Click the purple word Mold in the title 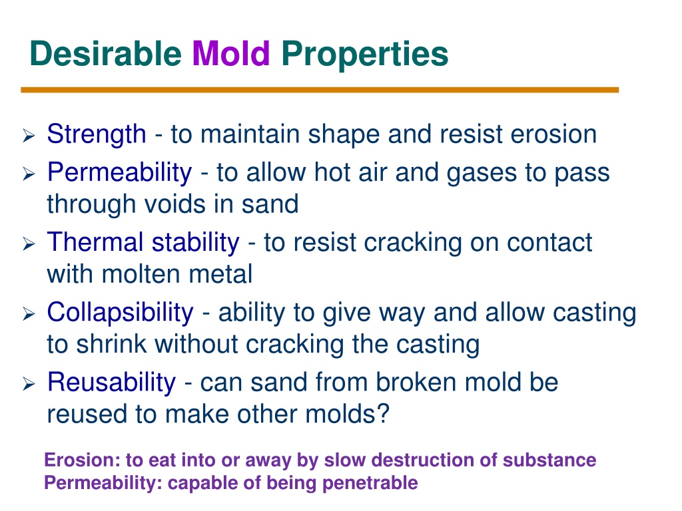coord(231,53)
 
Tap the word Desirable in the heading coord(106,53)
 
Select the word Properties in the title coord(364,55)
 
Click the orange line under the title coord(320,90)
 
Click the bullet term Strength coord(97,134)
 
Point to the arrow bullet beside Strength coord(29,136)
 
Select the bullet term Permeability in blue coord(120,173)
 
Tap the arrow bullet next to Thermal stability coord(29,244)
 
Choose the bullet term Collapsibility coord(120,313)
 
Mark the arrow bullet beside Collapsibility coord(29,314)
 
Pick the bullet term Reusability coord(112,383)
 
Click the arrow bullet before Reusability coord(29,384)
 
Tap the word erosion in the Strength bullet coord(553,134)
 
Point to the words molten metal coord(177,275)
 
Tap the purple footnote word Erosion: coord(82,460)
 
